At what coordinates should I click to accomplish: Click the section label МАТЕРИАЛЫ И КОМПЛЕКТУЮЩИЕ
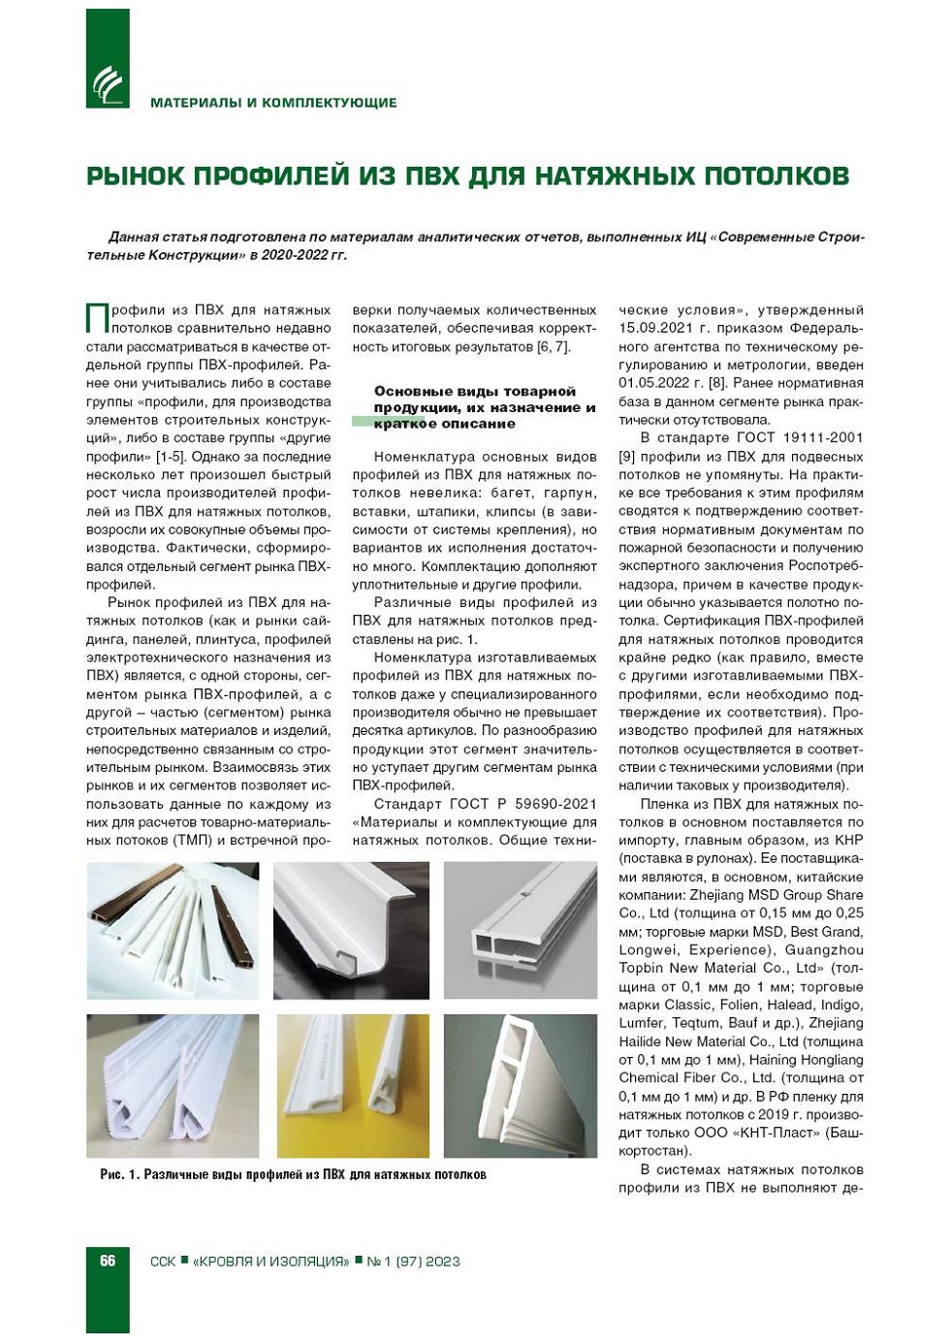[273, 103]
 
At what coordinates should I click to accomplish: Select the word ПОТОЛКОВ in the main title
[776, 176]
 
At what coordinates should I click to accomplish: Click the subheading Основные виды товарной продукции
[475, 391]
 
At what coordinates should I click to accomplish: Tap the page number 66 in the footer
[108, 1261]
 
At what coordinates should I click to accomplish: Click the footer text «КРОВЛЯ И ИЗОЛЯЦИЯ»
[270, 1262]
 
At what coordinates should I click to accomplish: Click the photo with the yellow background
[353, 1086]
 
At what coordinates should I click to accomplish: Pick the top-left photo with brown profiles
[173, 931]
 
